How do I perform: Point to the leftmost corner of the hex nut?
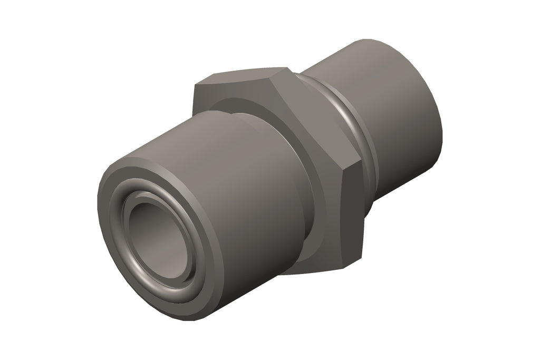click(194, 87)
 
